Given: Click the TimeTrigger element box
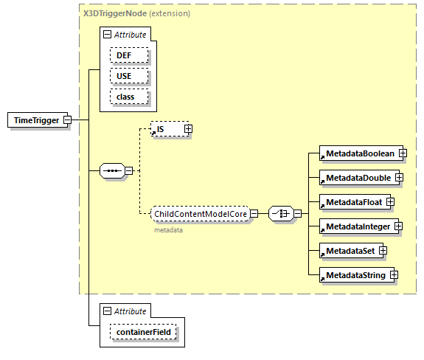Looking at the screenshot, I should pyautogui.click(x=35, y=120).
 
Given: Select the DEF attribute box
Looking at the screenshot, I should pyautogui.click(x=129, y=55).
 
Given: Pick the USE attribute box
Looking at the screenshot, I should pyautogui.click(x=129, y=76).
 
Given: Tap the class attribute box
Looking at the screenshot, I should pyautogui.click(x=129, y=97).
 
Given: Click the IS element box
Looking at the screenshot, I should pyautogui.click(x=166, y=129).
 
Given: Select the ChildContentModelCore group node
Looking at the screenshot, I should pyautogui.click(x=199, y=214).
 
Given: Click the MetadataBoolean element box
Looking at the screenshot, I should pyautogui.click(x=358, y=153).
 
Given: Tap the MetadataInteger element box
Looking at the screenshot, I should pyautogui.click(x=356, y=226).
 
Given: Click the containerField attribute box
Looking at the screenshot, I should pyautogui.click(x=143, y=333).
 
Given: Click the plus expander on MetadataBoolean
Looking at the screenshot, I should pyautogui.click(x=403, y=153).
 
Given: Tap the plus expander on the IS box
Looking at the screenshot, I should pyautogui.click(x=187, y=129).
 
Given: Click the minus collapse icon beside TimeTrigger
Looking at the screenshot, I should pyautogui.click(x=67, y=120).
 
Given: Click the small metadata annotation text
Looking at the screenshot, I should pyautogui.click(x=168, y=230).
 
